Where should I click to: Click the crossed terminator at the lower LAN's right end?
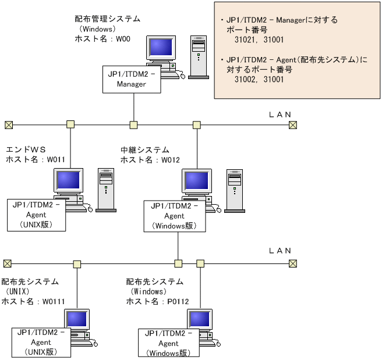point(293,263)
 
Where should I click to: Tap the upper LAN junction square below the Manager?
point(133,124)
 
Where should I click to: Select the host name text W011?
point(35,159)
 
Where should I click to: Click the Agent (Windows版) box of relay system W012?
point(175,216)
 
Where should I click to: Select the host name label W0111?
point(33,301)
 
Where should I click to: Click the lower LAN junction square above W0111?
point(77,263)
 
